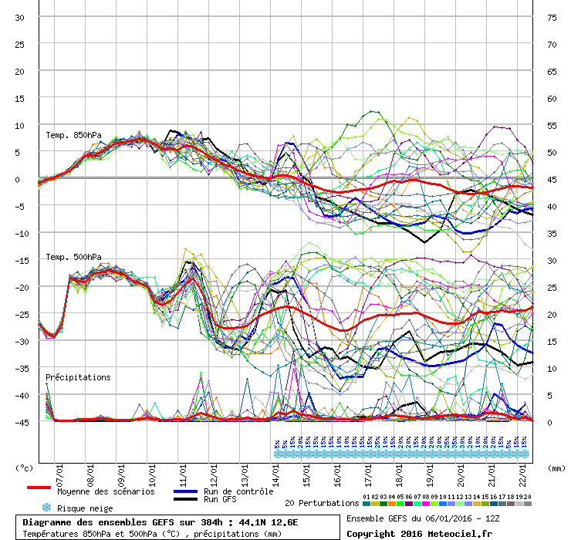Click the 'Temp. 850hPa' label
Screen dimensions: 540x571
point(73,136)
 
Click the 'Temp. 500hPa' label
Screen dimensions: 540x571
point(73,257)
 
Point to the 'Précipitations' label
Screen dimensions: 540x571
point(78,377)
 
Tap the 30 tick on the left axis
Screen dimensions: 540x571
point(20,17)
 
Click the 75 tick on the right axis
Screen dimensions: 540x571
point(552,17)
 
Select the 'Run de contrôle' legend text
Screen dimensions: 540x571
point(238,491)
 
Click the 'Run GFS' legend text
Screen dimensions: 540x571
point(221,500)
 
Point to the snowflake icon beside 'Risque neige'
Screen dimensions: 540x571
point(46,508)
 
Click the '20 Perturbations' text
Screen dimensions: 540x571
point(322,503)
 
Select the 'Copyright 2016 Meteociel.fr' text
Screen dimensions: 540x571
point(419,533)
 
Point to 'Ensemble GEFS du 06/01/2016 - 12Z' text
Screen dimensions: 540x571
point(422,518)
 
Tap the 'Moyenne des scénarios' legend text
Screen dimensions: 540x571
point(106,491)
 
